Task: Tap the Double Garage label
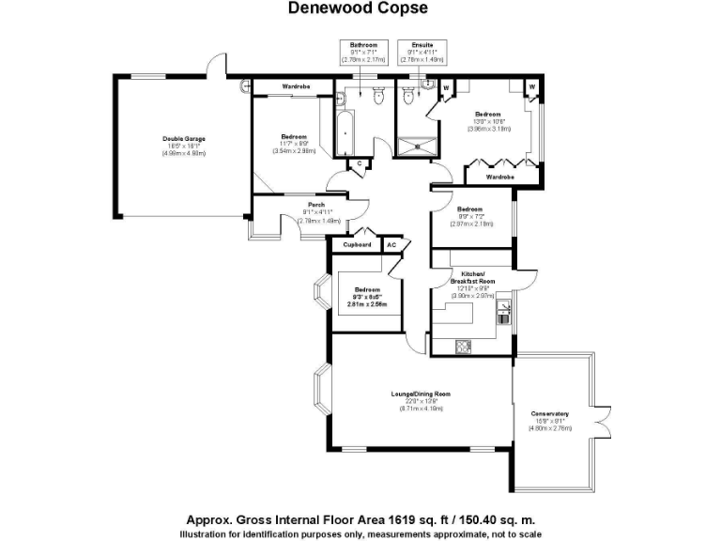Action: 184,138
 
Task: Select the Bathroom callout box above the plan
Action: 363,52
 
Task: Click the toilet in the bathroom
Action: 378,95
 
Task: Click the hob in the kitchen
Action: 464,346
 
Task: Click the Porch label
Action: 316,206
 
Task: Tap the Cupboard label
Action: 357,245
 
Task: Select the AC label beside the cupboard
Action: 392,245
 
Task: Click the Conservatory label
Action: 549,414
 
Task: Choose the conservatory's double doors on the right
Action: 595,417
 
